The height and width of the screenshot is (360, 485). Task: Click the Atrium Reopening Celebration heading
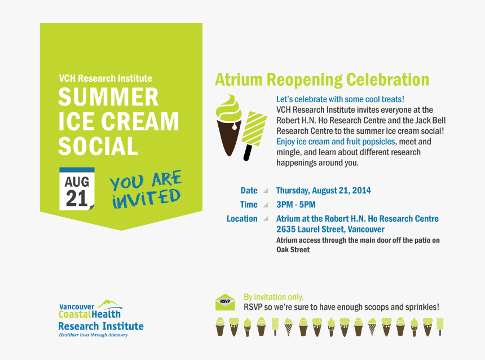coord(321,80)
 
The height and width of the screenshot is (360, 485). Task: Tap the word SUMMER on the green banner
coord(108,97)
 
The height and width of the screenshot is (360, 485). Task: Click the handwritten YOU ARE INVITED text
coord(146,190)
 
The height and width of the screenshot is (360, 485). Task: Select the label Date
coord(249,191)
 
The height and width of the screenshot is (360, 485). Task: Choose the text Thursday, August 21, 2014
coord(323,191)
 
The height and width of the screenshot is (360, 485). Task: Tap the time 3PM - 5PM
coord(296,205)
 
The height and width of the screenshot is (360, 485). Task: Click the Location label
coord(242,219)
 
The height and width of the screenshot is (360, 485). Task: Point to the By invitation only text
coord(274,297)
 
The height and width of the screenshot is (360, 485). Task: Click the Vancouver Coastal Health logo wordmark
coord(90,311)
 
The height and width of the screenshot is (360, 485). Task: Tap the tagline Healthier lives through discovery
coord(93,335)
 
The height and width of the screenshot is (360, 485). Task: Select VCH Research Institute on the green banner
coord(105,78)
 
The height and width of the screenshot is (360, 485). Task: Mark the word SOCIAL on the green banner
coord(98,146)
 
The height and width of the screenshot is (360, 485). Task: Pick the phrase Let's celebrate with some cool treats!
coord(340,99)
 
